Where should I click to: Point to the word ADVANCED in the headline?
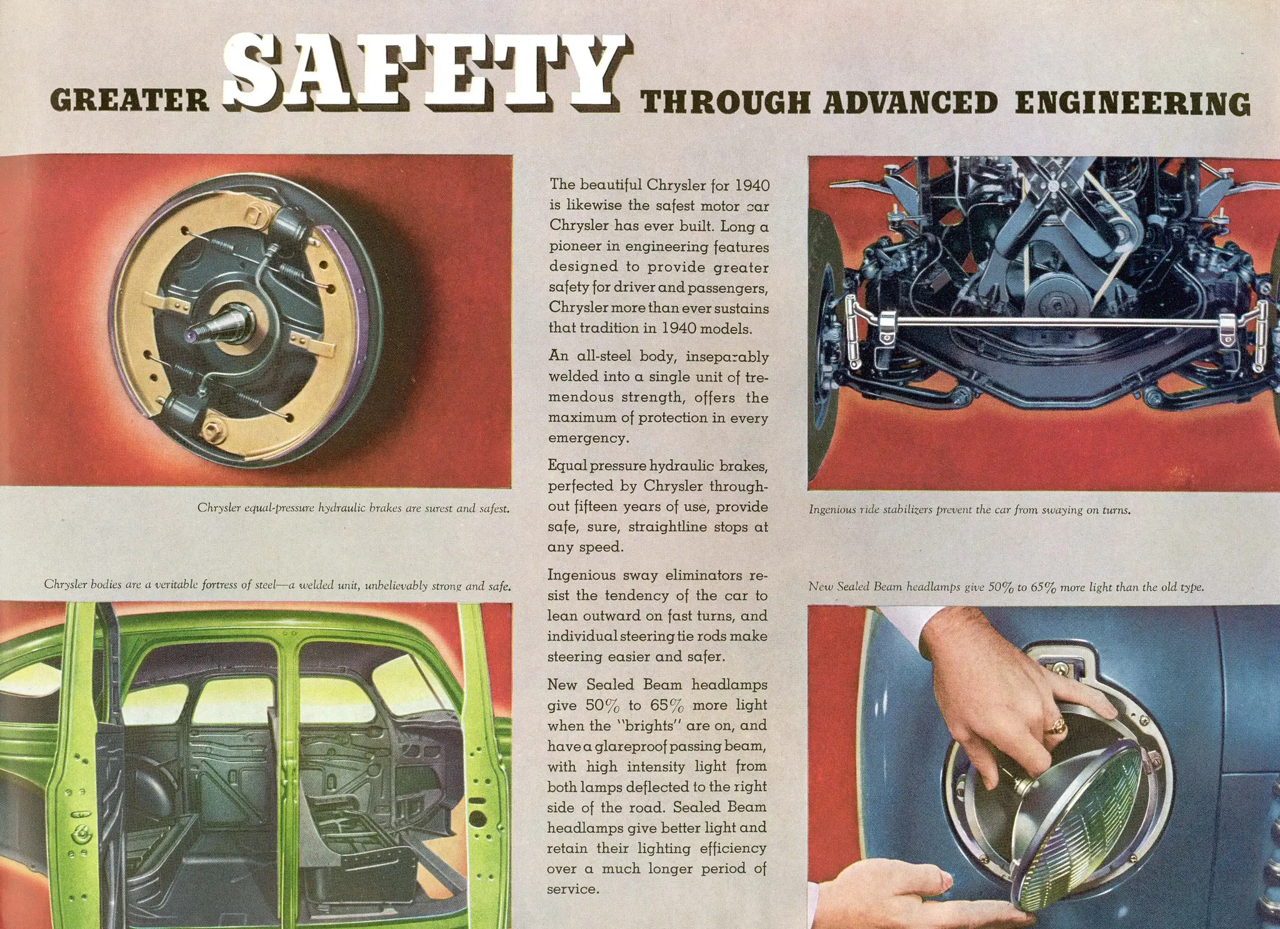point(910,102)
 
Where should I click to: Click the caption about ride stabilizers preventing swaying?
point(969,510)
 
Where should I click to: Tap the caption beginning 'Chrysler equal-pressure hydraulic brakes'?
point(354,508)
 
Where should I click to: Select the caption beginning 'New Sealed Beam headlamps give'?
point(1006,587)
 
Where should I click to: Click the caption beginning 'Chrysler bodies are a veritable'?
point(277,585)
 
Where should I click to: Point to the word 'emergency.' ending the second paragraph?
point(588,439)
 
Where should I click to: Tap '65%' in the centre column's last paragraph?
point(667,705)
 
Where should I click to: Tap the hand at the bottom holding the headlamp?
point(887,900)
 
